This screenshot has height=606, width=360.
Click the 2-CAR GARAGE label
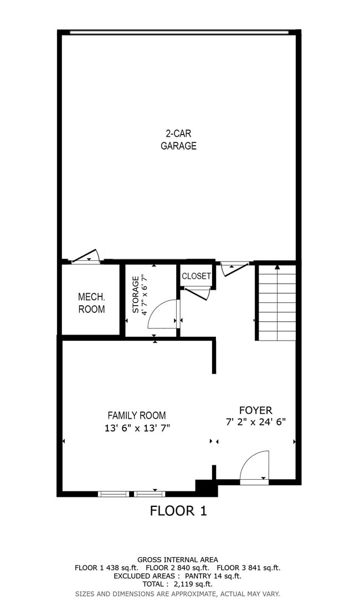(x=178, y=140)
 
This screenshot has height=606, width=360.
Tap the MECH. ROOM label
(x=91, y=303)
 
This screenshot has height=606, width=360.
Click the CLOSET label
(x=196, y=276)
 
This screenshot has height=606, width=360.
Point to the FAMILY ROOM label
(x=136, y=415)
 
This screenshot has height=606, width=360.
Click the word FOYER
(x=255, y=410)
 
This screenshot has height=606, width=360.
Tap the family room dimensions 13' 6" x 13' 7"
(x=136, y=428)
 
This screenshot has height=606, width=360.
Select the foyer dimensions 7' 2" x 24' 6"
(x=255, y=422)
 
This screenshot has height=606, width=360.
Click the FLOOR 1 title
(x=178, y=511)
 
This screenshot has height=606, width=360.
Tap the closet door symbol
(x=198, y=292)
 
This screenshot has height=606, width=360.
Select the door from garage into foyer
(x=234, y=269)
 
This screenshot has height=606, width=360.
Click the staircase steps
(x=277, y=303)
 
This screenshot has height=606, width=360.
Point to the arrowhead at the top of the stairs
(x=277, y=267)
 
